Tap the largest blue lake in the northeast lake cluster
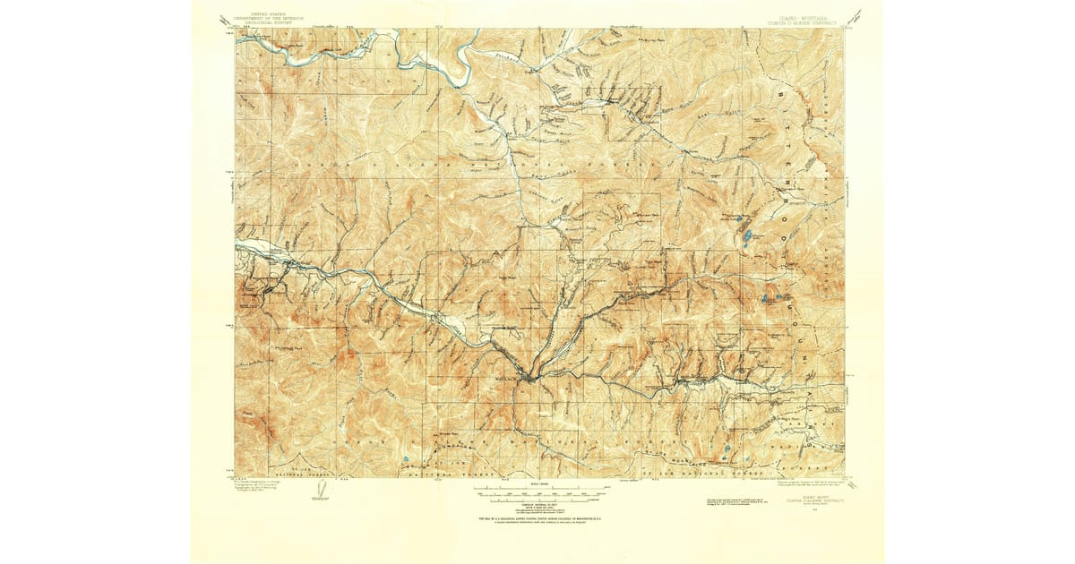[x=745, y=237]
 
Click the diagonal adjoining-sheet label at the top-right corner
[x=858, y=15]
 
